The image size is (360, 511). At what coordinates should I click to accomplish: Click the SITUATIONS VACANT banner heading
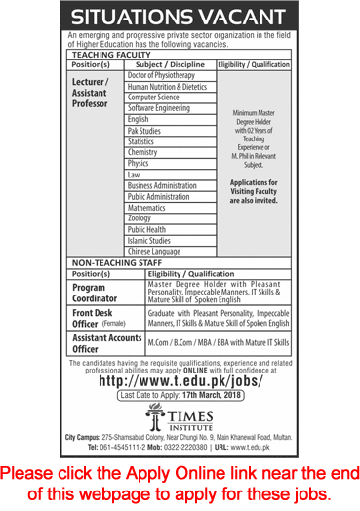click(180, 16)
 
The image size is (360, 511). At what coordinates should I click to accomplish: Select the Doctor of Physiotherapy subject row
click(161, 75)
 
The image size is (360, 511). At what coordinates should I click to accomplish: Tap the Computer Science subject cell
click(154, 98)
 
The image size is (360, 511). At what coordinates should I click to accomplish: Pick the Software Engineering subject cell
click(160, 108)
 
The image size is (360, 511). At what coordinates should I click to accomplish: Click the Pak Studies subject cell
click(144, 130)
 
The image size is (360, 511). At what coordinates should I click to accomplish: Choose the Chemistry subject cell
click(142, 152)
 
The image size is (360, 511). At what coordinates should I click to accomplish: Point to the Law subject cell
click(134, 175)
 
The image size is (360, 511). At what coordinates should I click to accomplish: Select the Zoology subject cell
click(140, 218)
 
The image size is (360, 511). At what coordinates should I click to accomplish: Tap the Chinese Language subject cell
click(155, 252)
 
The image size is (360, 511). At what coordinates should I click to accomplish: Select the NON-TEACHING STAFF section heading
click(116, 263)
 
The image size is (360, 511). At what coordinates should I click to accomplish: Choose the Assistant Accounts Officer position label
click(101, 342)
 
